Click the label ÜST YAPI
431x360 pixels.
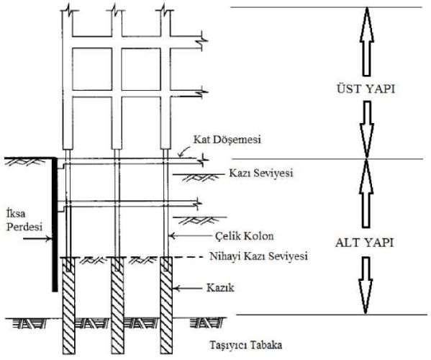(366, 89)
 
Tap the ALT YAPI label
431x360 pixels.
(365, 243)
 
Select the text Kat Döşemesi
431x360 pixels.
(227, 140)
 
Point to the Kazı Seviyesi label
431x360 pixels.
(261, 173)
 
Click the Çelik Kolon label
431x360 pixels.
(245, 236)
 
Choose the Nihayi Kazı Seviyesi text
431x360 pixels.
(258, 256)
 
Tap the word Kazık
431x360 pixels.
(220, 288)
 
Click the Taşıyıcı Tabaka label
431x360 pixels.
(246, 345)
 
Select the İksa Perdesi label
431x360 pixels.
(24, 220)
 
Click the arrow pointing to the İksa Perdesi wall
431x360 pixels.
(37, 238)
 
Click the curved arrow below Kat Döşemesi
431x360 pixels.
(183, 151)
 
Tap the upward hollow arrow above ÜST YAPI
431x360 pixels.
(367, 41)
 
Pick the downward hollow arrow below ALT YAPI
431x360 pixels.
(366, 285)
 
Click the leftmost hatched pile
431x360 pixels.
(68, 305)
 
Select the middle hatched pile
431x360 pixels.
(118, 305)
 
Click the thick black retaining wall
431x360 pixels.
(55, 225)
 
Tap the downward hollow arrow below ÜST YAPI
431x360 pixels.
(366, 130)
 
